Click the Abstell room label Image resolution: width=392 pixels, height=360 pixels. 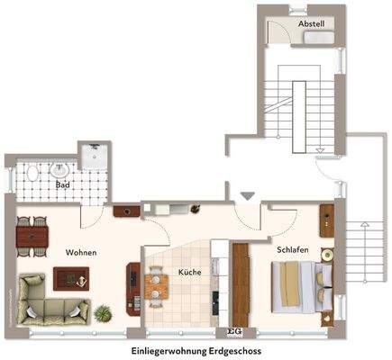point(311,23)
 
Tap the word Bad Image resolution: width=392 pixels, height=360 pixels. point(62,186)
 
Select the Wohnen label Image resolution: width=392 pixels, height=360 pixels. point(81,253)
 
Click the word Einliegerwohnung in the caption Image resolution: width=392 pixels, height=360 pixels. point(169,348)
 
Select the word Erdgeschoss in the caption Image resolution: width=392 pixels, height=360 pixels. point(235,348)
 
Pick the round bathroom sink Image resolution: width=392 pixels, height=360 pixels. point(62,167)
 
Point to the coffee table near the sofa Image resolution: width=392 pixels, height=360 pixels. point(73,281)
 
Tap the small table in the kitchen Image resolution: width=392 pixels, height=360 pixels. point(158,284)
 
